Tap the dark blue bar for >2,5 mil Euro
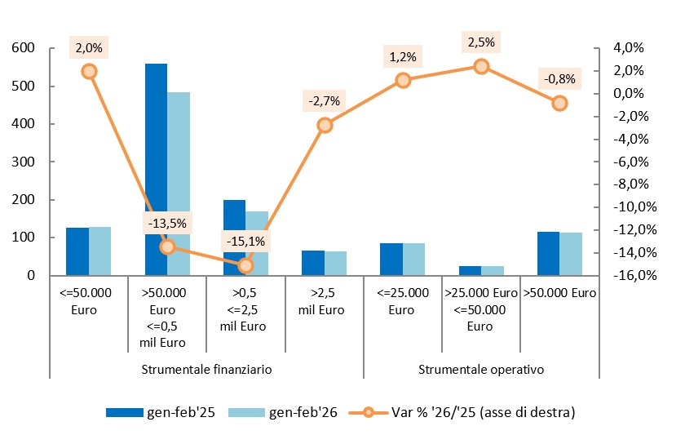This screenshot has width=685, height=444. (x=313, y=263)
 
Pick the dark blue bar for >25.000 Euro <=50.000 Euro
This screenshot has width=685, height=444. (x=470, y=270)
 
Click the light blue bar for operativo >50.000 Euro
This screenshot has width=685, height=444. (x=571, y=254)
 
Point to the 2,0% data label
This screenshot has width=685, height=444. (x=89, y=48)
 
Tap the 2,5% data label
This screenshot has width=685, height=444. (x=481, y=42)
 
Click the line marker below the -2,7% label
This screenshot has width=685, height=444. (x=325, y=125)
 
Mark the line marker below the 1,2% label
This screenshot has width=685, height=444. (x=403, y=80)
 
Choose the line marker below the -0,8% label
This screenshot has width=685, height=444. (x=559, y=103)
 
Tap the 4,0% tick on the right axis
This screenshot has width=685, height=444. (x=617, y=48)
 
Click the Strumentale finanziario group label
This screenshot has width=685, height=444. (x=206, y=369)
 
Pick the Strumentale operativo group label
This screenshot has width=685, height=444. (x=481, y=369)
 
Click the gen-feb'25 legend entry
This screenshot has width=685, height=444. (x=161, y=412)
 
